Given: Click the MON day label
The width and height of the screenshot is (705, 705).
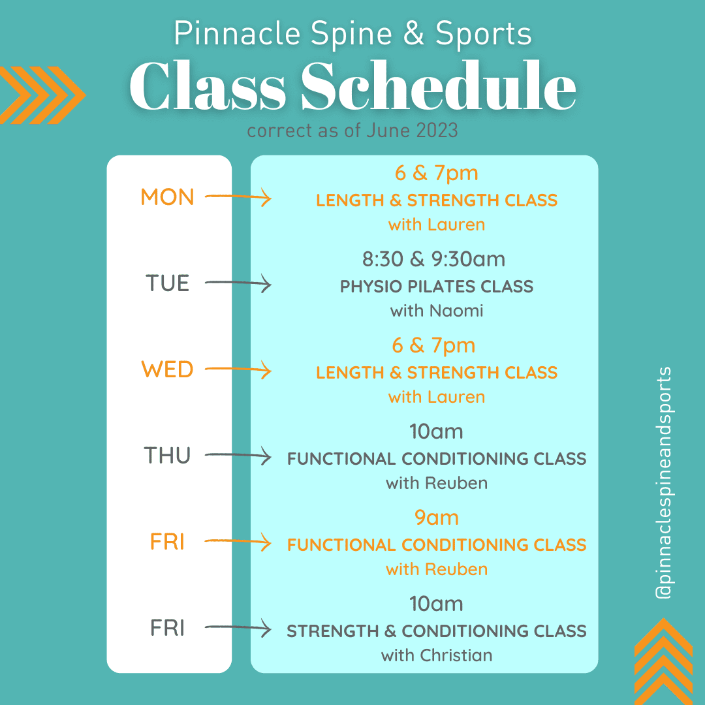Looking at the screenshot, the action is [167, 197].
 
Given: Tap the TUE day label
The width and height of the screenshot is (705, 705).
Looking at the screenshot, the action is [167, 283].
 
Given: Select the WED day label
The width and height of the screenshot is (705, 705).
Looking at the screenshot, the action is [167, 369].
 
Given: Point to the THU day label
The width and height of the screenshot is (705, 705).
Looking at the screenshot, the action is [167, 456].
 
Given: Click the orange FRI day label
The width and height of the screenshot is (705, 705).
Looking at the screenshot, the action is [167, 542].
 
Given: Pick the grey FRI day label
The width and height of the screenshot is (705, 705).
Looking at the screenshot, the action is [167, 628].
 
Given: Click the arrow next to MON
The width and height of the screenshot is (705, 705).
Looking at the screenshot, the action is [238, 197].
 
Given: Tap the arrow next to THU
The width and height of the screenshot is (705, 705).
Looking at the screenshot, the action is [238, 456].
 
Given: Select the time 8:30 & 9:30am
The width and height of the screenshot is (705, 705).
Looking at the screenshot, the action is [434, 259].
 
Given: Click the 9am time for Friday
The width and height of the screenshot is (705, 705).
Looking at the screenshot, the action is [437, 518].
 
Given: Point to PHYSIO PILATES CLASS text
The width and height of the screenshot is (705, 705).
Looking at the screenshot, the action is [437, 287].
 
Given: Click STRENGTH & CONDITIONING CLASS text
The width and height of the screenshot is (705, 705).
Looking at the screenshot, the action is [437, 631].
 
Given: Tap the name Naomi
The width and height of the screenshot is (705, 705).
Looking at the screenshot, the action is [456, 311].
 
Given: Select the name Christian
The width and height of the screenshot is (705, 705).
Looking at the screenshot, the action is [456, 655].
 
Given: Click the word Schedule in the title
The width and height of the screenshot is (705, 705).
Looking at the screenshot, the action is [439, 86].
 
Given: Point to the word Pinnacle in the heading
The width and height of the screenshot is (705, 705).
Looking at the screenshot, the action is [238, 34].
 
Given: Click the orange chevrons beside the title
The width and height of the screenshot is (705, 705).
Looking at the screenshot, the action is [42, 95].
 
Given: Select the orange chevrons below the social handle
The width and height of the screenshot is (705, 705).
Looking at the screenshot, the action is [663, 661].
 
